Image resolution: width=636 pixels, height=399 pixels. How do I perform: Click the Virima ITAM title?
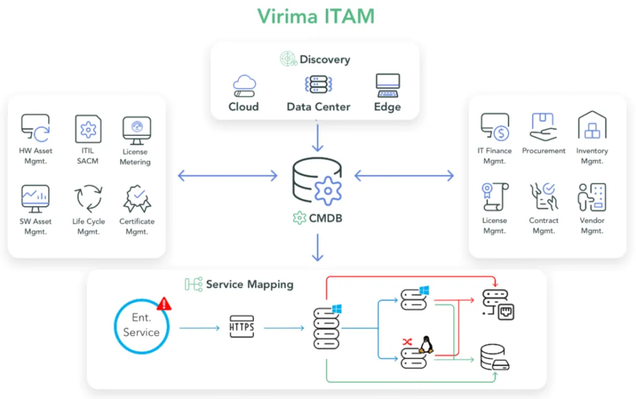pos(316,16)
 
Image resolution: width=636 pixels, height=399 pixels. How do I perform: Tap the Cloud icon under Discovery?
pos(244,85)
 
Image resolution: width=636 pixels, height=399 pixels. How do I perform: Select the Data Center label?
pos(318,107)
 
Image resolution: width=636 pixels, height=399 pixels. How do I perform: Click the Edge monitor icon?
pos(388,85)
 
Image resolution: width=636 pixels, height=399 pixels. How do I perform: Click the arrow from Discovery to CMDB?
pos(318,137)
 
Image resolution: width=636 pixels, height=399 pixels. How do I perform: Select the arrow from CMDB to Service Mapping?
pos(318,247)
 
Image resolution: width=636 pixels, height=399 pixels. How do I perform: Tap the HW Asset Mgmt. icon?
pos(35,127)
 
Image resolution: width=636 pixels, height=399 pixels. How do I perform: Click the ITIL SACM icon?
pos(88,129)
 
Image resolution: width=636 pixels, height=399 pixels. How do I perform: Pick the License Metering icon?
pos(136,129)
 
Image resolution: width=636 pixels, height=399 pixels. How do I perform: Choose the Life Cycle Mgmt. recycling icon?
pos(88,198)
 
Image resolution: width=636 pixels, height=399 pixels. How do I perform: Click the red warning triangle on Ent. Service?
pos(165,303)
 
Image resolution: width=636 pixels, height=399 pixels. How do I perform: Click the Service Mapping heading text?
pos(249,285)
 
